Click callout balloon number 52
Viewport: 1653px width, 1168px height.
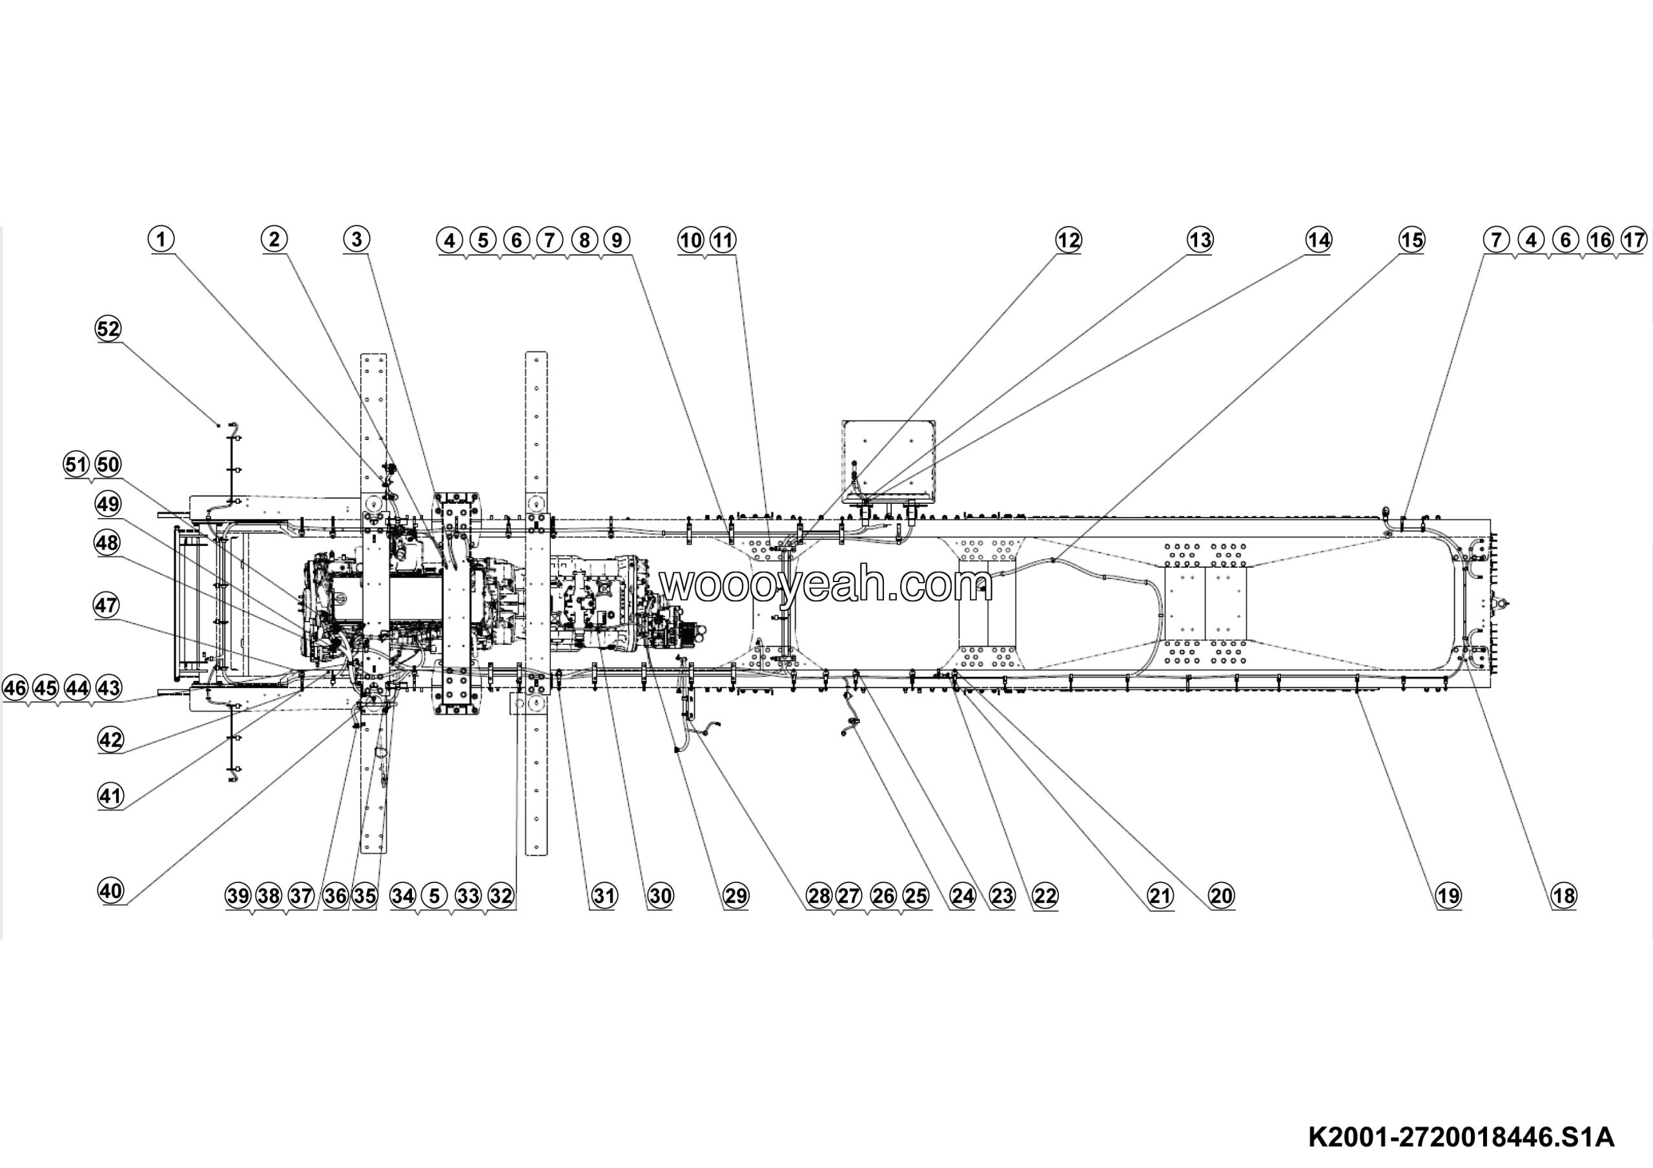[108, 329]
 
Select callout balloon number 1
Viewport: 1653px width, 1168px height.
[161, 239]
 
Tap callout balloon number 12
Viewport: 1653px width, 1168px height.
[1069, 240]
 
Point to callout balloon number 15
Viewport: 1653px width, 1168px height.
[1411, 240]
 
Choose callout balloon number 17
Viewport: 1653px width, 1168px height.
[1634, 240]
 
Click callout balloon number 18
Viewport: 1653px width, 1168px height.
[1564, 896]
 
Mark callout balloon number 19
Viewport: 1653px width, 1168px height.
[1448, 896]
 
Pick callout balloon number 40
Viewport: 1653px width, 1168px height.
[111, 891]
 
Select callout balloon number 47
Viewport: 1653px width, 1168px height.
[107, 605]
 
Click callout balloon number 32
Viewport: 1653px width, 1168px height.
[501, 896]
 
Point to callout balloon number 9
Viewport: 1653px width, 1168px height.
[617, 240]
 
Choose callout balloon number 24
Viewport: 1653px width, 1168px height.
[963, 896]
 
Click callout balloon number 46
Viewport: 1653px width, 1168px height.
[15, 688]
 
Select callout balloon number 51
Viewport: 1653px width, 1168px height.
[76, 464]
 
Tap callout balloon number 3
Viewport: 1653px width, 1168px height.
[356, 239]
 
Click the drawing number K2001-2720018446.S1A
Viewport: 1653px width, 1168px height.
[1461, 1137]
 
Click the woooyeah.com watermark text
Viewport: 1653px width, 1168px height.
[826, 585]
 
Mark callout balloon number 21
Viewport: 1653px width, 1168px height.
[1160, 896]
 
